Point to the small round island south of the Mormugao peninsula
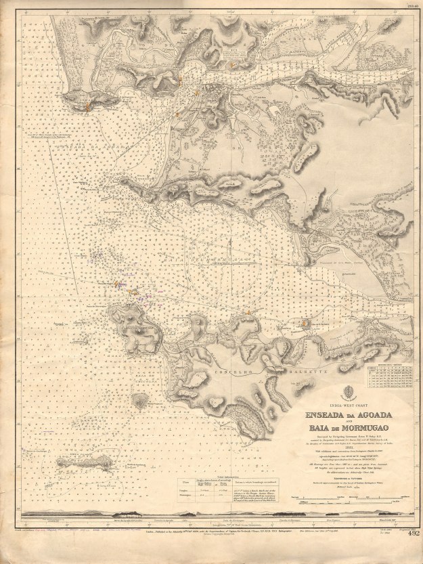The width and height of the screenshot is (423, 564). (x=139, y=401)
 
